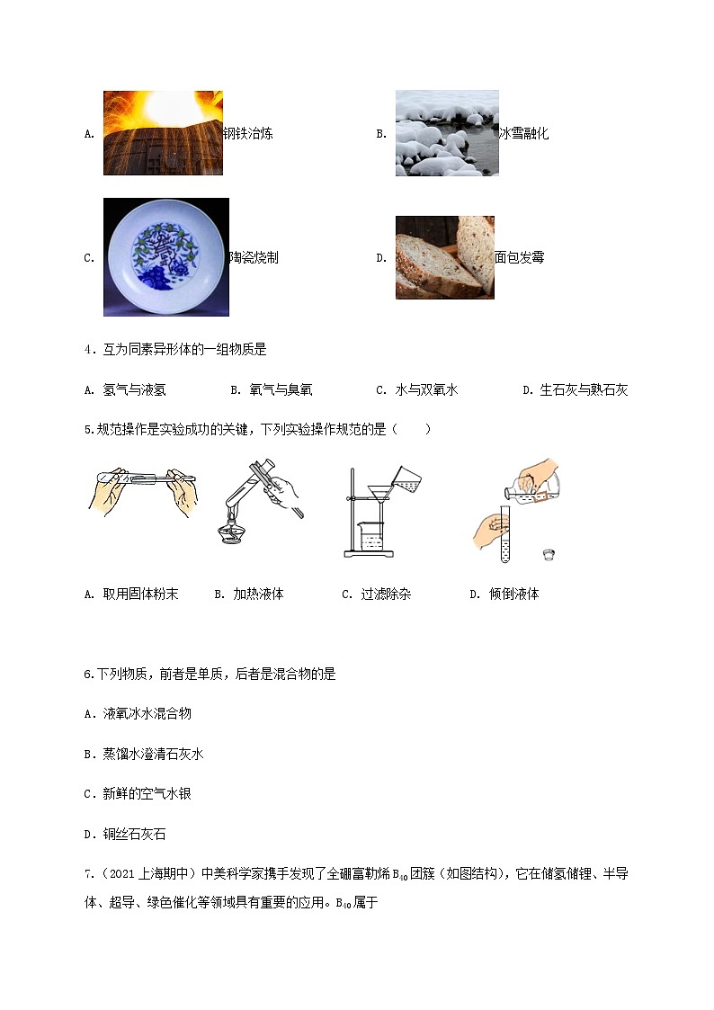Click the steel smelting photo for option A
click(163, 132)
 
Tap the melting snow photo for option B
click(447, 133)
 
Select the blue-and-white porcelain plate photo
click(166, 257)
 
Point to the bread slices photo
click(444, 257)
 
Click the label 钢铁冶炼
click(248, 134)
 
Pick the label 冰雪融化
click(523, 134)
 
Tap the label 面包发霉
click(519, 258)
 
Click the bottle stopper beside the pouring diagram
click(546, 551)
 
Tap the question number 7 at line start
click(87, 875)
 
